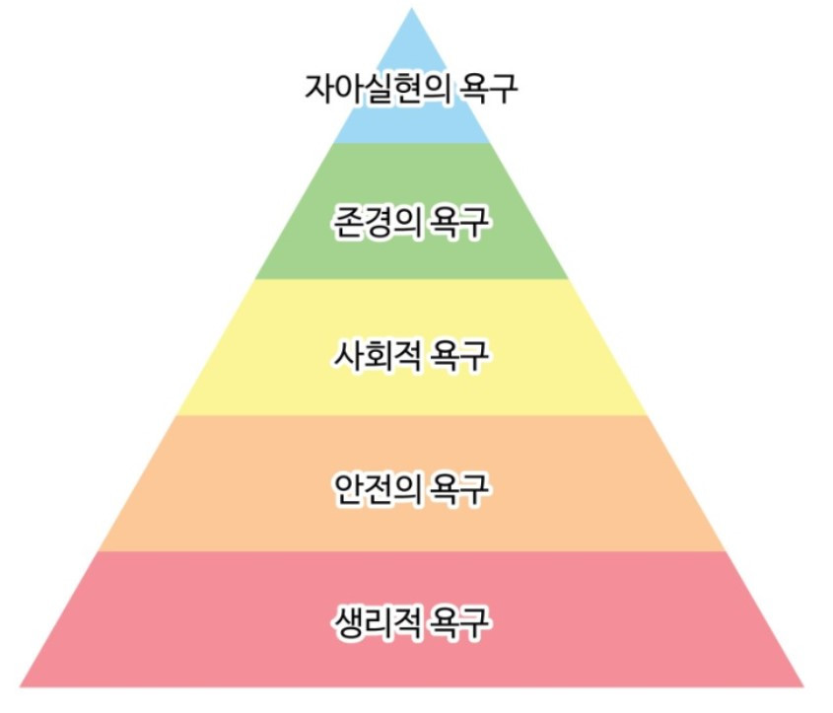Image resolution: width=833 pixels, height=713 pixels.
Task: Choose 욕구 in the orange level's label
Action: click(x=456, y=488)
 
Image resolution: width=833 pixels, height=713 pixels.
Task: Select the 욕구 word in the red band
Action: click(x=456, y=623)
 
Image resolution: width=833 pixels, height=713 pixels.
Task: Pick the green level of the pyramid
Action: click(x=296, y=247)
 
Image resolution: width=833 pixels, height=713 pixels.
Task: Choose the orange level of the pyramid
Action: click(x=197, y=513)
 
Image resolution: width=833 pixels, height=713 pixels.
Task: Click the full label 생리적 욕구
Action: click(x=410, y=623)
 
